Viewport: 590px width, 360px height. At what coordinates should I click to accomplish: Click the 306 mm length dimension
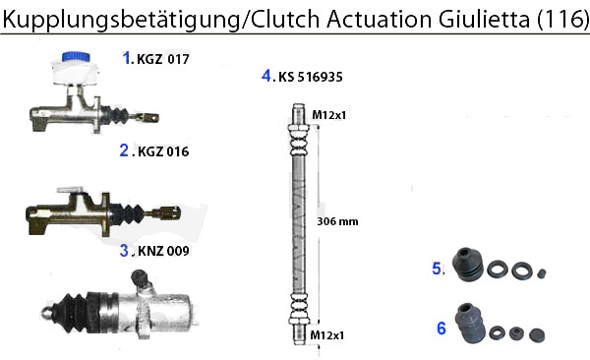[339, 221]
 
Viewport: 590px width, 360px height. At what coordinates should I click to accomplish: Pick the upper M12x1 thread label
[326, 116]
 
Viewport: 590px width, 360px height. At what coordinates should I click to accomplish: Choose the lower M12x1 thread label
[326, 336]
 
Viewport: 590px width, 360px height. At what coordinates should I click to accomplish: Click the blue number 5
[438, 268]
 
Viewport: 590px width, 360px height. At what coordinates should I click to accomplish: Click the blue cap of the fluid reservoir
[74, 57]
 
